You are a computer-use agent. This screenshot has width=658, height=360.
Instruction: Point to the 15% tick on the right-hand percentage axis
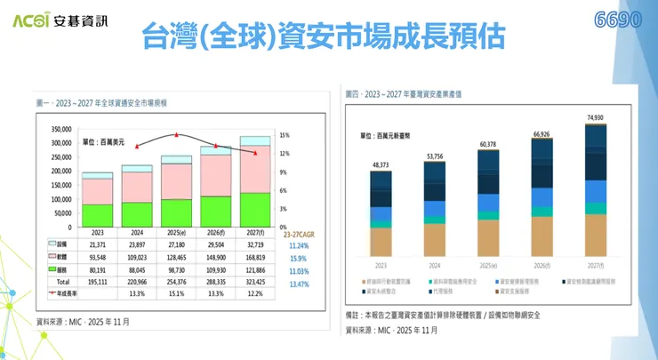285,135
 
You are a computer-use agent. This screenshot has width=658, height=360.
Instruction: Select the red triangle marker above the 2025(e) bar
177,134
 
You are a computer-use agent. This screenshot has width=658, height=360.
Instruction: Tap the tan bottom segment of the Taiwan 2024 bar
436,238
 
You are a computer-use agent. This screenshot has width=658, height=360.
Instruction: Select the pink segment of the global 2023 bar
98,191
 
